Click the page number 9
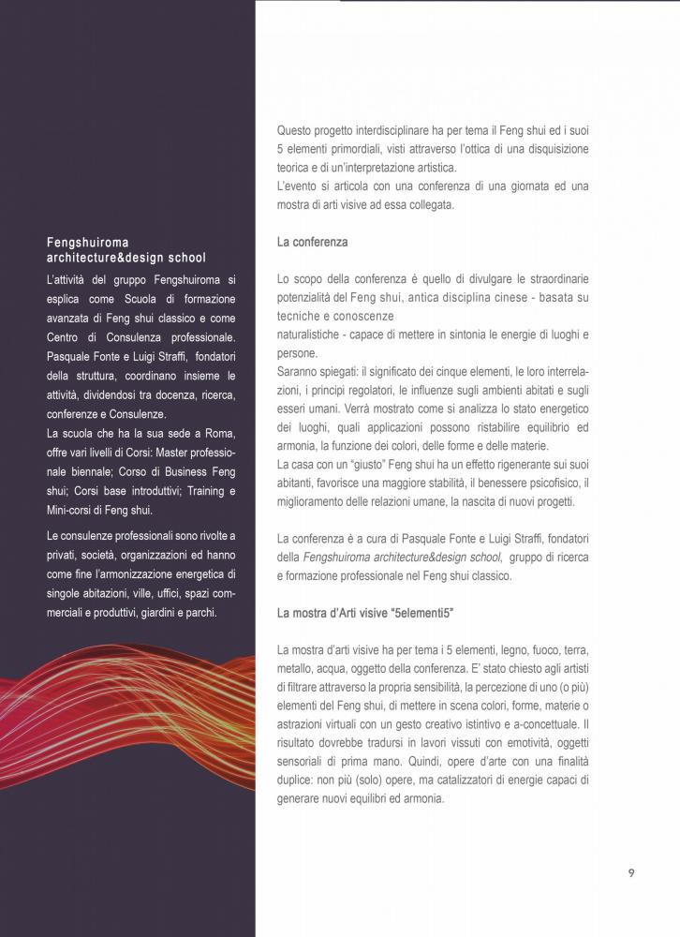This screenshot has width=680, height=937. (x=631, y=872)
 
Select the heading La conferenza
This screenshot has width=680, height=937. (x=312, y=242)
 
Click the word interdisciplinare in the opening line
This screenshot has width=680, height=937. (x=397, y=131)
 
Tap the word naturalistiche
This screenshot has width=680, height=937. (x=314, y=335)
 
